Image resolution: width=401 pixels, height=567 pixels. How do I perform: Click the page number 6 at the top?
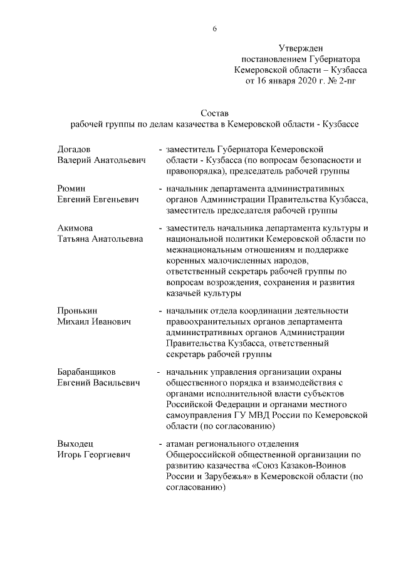(215, 29)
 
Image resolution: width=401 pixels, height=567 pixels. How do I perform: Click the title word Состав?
(215, 113)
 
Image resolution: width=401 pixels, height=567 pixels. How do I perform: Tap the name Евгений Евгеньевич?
(97, 199)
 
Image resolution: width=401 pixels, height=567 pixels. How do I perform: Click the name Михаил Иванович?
(94, 321)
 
